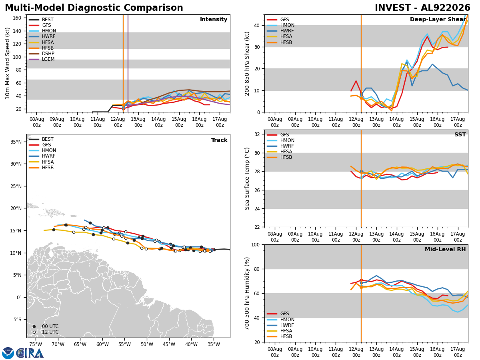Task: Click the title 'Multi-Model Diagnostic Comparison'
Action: pyautogui.click(x=94, y=8)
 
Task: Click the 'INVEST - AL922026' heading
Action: pyautogui.click(x=422, y=8)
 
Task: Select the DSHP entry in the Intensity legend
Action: pyautogui.click(x=42, y=54)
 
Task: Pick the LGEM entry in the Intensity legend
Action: pyautogui.click(x=42, y=59)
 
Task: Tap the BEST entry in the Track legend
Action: pyautogui.click(x=41, y=139)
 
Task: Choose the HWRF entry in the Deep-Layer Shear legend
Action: pyautogui.click(x=280, y=31)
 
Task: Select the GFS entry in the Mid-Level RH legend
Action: pyautogui.click(x=278, y=314)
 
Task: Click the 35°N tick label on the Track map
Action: pyautogui.click(x=16, y=142)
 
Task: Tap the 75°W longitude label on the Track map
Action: pyautogui.click(x=36, y=344)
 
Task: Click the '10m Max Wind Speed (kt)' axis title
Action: pyautogui.click(x=7, y=63)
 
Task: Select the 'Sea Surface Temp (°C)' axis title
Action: pyautogui.click(x=247, y=178)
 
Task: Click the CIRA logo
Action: pyautogui.click(x=23, y=353)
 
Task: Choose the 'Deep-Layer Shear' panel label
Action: pyautogui.click(x=438, y=20)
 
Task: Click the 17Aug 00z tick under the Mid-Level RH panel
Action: pyautogui.click(x=458, y=352)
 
